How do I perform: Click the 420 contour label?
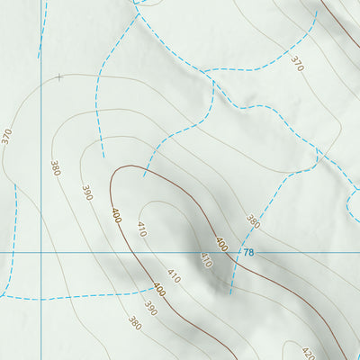click(309, 353)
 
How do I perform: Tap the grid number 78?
click(249, 253)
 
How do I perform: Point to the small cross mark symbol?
click(59, 77)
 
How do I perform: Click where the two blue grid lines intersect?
click(41, 252)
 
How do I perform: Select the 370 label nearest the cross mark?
click(7, 137)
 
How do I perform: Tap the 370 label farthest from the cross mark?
click(297, 63)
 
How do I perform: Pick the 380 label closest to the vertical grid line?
click(56, 168)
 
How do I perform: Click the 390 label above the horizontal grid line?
click(87, 193)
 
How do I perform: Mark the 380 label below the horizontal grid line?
click(135, 322)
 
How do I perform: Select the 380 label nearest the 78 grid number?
click(253, 221)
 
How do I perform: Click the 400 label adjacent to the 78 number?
click(220, 245)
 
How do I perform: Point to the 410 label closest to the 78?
click(205, 261)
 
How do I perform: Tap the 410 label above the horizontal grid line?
click(141, 228)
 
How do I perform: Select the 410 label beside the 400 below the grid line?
click(174, 276)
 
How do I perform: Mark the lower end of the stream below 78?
click(230, 292)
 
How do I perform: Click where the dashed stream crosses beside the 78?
click(236, 252)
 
